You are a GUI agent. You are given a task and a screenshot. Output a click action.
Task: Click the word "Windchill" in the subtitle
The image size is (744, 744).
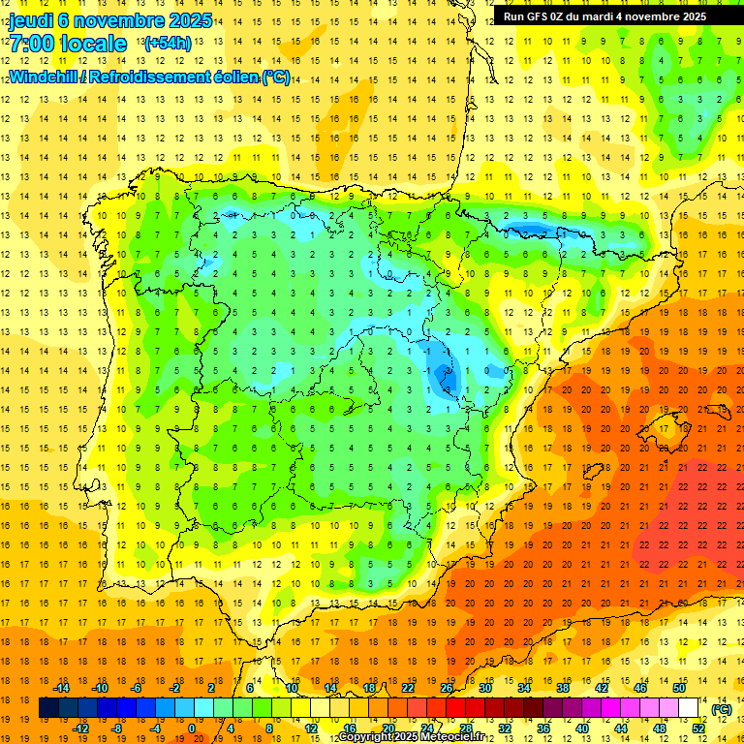[x=47, y=77]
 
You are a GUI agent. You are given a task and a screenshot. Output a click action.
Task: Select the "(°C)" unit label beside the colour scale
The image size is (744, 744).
[x=721, y=709]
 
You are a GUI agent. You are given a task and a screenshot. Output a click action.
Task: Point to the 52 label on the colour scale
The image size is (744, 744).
[x=698, y=728]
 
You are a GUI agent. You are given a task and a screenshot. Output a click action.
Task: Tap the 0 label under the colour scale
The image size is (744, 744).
[x=192, y=728]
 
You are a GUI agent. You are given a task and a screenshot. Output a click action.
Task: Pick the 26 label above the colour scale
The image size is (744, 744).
[x=447, y=689]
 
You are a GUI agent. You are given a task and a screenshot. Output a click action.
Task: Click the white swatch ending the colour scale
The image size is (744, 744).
[x=689, y=708]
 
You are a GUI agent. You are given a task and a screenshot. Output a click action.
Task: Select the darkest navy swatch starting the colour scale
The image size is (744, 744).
[x=48, y=708]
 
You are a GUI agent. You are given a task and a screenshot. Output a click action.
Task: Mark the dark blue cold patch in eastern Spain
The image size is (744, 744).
[x=447, y=376]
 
